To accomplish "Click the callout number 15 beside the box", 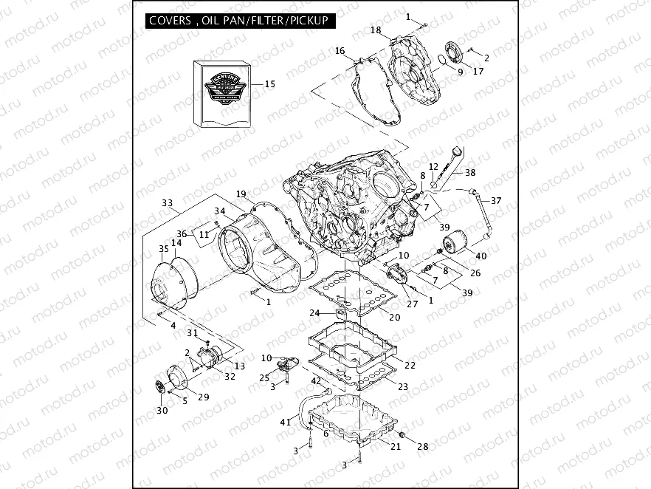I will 269,84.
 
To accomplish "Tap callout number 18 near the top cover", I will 376,30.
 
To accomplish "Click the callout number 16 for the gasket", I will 340,51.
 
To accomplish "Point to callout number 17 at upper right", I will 478,72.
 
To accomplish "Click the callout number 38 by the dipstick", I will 470,171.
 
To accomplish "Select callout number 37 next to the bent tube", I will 496,201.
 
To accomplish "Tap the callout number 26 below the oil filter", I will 476,273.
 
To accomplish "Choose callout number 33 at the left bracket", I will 167,202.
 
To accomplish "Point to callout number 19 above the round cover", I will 241,194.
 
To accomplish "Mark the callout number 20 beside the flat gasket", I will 395,318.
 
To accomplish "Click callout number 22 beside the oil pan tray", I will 410,365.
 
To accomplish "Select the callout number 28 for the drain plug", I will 422,446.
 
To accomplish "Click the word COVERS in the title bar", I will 170,21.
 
